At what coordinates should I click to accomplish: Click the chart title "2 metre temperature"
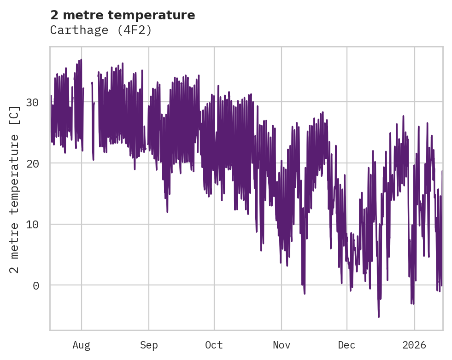tap(123, 15)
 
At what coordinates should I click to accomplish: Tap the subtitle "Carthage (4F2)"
tap(101, 30)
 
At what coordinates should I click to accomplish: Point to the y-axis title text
tap(15, 189)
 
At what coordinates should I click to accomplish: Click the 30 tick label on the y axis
tap(32, 102)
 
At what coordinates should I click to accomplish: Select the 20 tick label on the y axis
tap(32, 163)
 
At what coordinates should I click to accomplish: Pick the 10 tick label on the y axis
tap(32, 225)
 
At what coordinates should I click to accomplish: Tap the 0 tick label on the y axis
tap(36, 286)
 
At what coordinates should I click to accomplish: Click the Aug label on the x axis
tap(82, 345)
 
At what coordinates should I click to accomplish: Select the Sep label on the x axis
tap(149, 345)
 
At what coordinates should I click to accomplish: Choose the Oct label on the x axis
tap(214, 345)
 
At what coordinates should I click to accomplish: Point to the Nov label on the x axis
tap(281, 345)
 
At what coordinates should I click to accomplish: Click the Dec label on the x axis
tap(346, 345)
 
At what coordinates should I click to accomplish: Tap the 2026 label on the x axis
tap(414, 345)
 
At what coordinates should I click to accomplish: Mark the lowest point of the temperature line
tap(379, 317)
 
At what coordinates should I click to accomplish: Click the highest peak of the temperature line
tap(81, 59)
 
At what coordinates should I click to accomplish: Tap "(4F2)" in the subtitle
tap(137, 30)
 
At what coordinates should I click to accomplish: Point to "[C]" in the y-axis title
tap(15, 116)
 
